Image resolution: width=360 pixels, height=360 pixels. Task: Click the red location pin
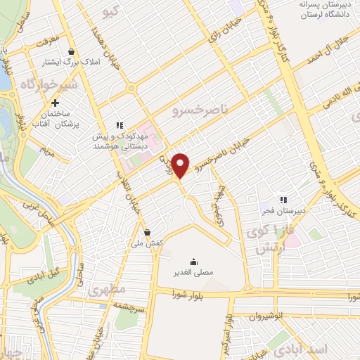(181, 164)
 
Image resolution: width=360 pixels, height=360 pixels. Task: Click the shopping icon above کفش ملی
(147, 232)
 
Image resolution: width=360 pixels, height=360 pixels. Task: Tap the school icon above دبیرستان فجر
(285, 199)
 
